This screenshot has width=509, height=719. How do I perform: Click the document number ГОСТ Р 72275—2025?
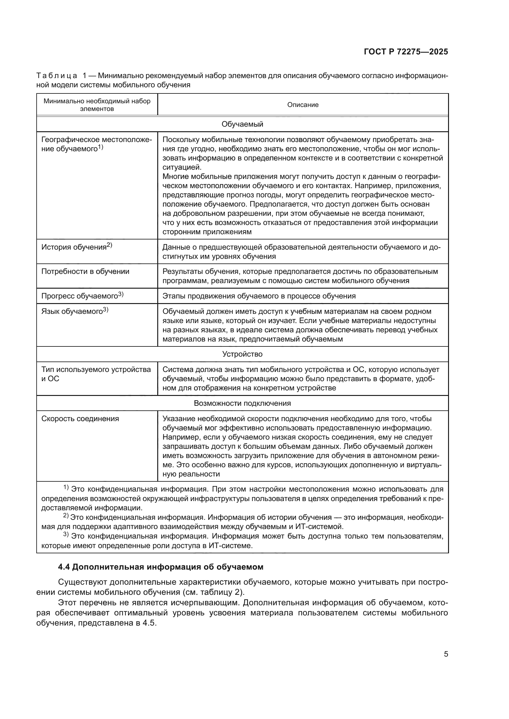point(406,52)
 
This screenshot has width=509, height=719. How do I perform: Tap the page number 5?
point(446,654)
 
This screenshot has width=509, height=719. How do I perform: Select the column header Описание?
point(303,105)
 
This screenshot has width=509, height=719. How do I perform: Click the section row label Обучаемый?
point(242,124)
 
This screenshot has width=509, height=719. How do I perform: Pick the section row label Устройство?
point(242,354)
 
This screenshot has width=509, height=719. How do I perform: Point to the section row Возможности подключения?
point(242,403)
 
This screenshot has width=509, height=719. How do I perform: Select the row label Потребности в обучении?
point(85,271)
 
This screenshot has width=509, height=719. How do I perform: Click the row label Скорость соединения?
point(80,419)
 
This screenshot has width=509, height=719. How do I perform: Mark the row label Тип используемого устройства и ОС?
point(96,374)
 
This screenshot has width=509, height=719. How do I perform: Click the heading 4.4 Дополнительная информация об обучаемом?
point(161,567)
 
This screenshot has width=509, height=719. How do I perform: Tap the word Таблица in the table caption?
point(57,76)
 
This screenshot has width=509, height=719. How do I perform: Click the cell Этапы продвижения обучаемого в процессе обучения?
point(259,296)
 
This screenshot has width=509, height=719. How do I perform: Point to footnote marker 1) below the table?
point(66,487)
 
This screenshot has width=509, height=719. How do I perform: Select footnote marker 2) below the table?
point(66,515)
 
